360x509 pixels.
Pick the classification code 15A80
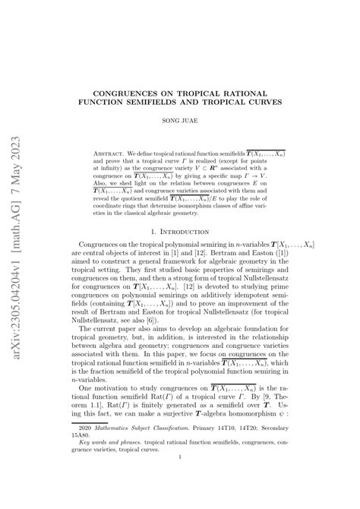click(90, 445)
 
